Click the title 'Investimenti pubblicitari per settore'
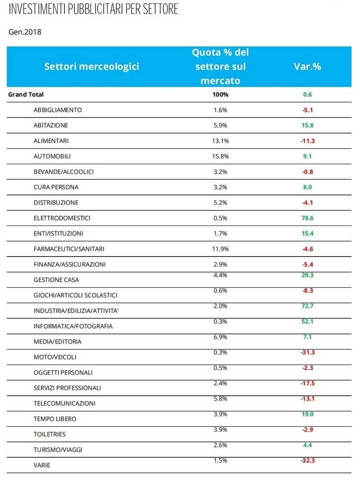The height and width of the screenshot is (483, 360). pos(93,9)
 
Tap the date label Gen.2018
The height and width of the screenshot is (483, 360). pos(25,32)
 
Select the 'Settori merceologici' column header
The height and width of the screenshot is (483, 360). pos(92,67)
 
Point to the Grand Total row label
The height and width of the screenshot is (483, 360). pos(26,95)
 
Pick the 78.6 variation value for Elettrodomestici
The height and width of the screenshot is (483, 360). pos(307,218)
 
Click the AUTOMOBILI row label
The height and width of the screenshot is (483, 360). pos(52,156)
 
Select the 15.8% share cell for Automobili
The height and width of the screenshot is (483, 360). pos(221,156)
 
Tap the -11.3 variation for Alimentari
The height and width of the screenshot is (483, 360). pos(307,141)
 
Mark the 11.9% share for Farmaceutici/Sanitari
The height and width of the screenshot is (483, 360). pos(221,249)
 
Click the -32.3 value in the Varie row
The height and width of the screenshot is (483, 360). pos(307,461)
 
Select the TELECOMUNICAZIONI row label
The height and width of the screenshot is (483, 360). pos(64,403)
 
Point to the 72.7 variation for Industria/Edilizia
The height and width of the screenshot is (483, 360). pos(307,306)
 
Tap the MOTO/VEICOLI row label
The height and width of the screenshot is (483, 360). pos(55,357)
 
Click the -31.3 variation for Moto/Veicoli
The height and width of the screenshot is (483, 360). pos(307,352)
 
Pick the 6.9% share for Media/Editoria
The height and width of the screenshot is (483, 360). pos(221,337)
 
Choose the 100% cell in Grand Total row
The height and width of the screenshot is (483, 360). pos(221,95)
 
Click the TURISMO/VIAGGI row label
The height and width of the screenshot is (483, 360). pos(58,450)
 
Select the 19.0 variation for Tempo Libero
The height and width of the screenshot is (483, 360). pos(307,414)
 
